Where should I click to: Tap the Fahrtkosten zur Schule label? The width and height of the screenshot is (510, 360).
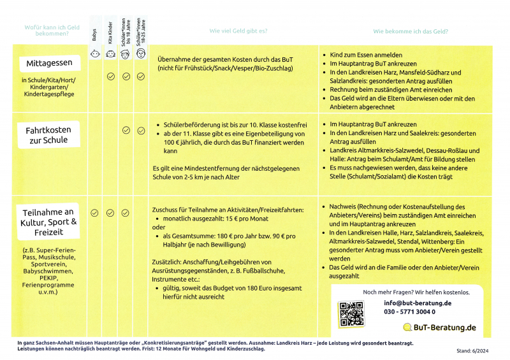[48, 135]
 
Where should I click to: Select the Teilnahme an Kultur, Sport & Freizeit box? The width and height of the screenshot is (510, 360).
[49, 222]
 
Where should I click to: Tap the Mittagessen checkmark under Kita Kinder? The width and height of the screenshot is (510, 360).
[110, 76]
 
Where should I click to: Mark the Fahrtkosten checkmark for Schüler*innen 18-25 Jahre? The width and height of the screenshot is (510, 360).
[141, 130]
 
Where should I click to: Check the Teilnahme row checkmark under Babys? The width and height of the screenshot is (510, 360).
[94, 213]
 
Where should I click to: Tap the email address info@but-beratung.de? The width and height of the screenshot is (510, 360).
[418, 303]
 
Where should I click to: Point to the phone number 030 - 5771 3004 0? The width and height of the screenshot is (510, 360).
[410, 312]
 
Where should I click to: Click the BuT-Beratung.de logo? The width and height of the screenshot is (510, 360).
[440, 328]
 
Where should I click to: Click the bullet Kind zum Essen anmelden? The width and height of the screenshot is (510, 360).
[366, 55]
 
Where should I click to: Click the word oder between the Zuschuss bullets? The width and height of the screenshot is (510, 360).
[158, 227]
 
